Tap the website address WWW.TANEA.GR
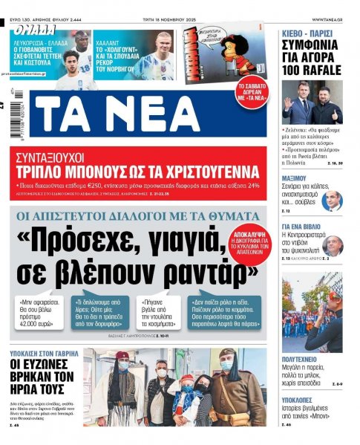(332, 19)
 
